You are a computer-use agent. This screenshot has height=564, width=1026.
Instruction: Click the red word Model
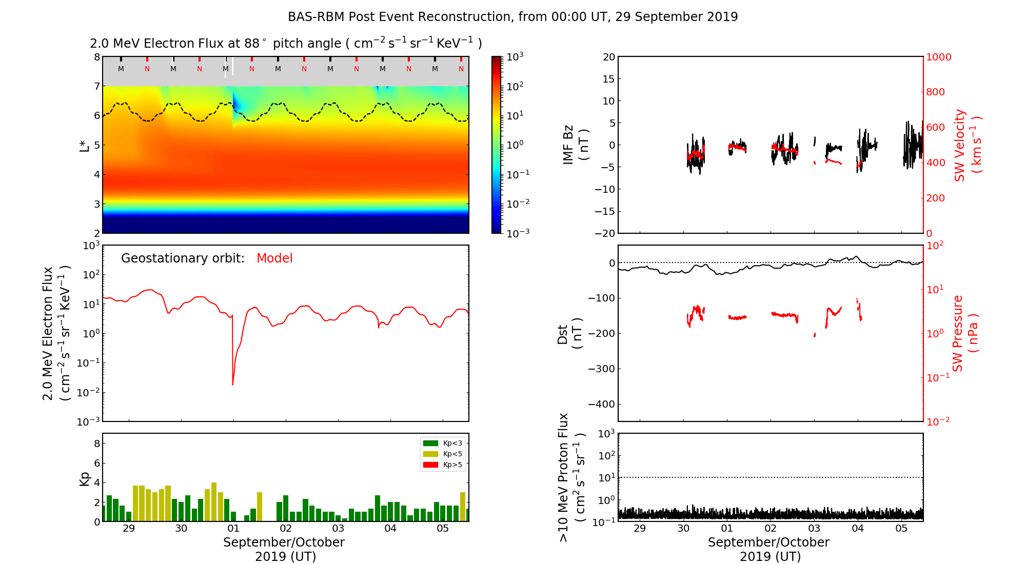(x=274, y=258)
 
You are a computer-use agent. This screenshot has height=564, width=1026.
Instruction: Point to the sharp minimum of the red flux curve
(x=233, y=385)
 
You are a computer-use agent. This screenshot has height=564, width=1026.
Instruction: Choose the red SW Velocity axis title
(x=968, y=146)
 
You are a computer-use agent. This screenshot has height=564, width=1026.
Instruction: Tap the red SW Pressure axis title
(x=964, y=334)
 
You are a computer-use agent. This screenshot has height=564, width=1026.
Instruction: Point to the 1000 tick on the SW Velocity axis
(x=938, y=57)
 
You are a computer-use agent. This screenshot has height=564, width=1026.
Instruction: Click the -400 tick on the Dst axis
(x=601, y=404)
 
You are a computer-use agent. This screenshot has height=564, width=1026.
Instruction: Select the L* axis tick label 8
(x=96, y=57)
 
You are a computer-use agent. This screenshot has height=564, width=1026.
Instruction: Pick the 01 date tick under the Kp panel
(x=233, y=529)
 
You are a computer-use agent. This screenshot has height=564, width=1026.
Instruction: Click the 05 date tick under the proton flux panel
(x=901, y=529)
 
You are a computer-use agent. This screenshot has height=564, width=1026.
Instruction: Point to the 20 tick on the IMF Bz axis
(x=608, y=57)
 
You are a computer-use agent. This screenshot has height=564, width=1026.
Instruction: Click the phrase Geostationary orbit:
(x=183, y=258)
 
